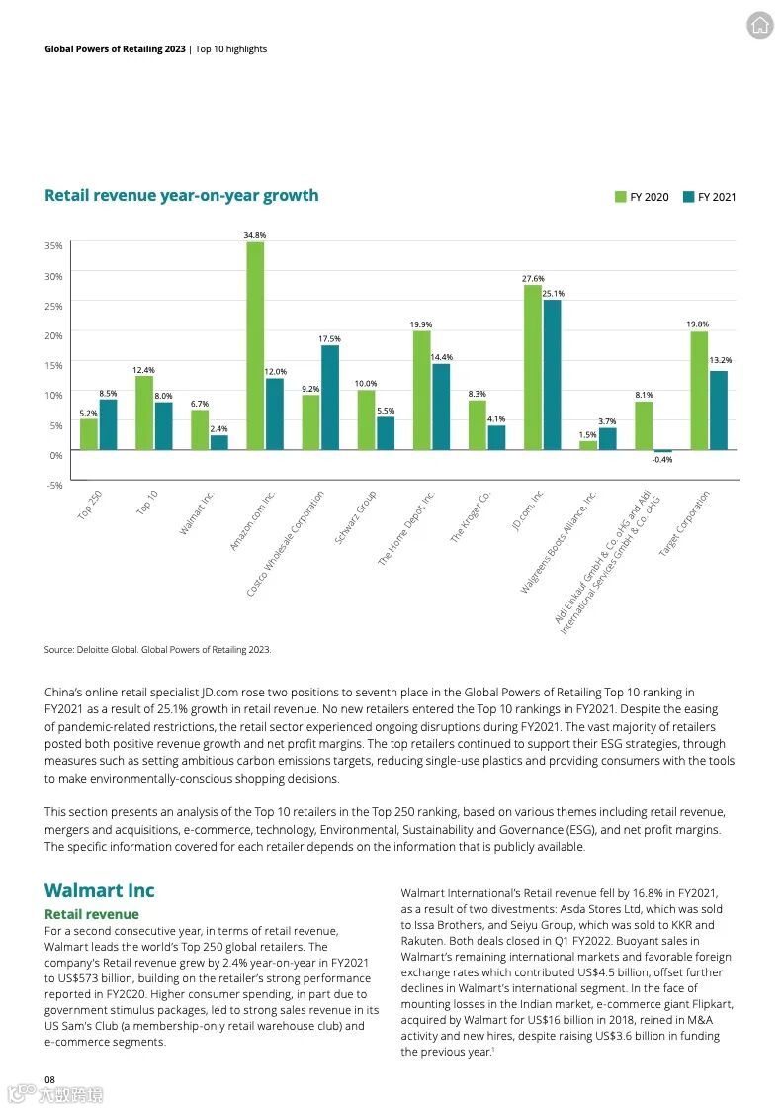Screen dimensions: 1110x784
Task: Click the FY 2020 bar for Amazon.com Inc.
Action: point(255,346)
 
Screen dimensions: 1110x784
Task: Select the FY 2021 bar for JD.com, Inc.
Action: point(552,375)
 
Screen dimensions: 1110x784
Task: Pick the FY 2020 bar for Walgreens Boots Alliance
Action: point(588,445)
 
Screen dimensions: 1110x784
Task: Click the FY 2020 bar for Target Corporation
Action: point(699,391)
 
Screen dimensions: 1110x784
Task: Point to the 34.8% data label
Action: point(255,235)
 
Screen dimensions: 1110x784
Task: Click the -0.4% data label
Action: point(662,460)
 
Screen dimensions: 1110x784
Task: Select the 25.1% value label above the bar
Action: point(553,293)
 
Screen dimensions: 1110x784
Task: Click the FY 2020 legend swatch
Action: point(621,197)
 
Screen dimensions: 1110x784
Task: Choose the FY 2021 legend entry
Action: point(709,197)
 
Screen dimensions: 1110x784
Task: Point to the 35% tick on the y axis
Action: point(53,245)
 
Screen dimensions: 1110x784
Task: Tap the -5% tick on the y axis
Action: point(53,485)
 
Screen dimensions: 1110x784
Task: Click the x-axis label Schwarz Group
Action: point(355,516)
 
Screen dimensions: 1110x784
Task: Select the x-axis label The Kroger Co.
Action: point(471,515)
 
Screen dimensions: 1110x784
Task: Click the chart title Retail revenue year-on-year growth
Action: point(181,195)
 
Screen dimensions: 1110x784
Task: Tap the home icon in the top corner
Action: point(759,26)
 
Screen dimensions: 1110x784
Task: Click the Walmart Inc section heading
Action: point(99,890)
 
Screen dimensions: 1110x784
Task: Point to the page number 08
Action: point(49,1077)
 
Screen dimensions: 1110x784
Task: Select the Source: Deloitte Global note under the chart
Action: point(157,650)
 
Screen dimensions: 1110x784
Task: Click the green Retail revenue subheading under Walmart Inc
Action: point(91,914)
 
